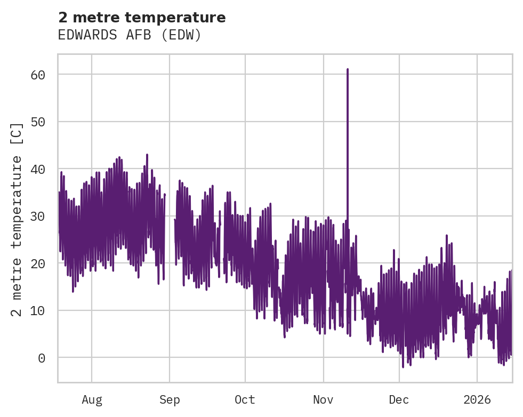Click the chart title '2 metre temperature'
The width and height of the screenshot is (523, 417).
(142, 18)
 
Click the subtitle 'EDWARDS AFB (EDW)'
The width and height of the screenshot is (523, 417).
(130, 35)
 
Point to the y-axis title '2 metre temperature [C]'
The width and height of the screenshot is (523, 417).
(17, 219)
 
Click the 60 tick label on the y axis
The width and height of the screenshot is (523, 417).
(38, 75)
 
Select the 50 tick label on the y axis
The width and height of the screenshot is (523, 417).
(38, 122)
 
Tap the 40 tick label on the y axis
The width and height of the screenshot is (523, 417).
(38, 169)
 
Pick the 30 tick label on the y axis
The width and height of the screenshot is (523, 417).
(38, 216)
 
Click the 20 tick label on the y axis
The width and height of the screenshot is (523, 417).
(38, 263)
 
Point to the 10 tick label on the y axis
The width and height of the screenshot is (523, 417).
(38, 310)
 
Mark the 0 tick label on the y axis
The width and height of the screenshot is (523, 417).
(42, 358)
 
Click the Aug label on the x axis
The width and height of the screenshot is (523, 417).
(92, 400)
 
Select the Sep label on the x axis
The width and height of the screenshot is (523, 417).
(170, 400)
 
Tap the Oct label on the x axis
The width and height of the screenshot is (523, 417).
(245, 400)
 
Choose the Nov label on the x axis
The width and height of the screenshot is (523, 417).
(323, 400)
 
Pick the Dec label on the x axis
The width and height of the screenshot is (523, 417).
(399, 400)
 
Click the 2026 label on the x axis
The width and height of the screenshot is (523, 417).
(477, 400)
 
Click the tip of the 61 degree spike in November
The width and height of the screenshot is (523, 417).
(348, 69)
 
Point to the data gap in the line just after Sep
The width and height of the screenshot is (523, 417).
(170, 235)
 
